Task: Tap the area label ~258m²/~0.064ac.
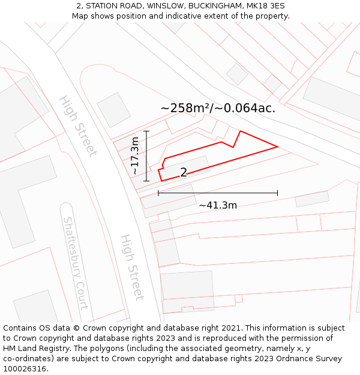tap(218, 108)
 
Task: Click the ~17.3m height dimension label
tap(136, 155)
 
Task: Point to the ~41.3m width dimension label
tap(218, 205)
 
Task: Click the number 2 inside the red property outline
tap(184, 173)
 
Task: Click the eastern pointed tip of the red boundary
tap(277, 146)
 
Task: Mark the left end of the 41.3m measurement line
tap(158, 193)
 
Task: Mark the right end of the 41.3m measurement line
tap(277, 193)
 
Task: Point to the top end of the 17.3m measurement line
tap(146, 130)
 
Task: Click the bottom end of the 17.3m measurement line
tap(146, 181)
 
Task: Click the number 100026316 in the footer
tap(25, 368)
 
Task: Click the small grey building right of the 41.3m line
tap(312, 199)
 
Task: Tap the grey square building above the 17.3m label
tap(113, 109)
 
